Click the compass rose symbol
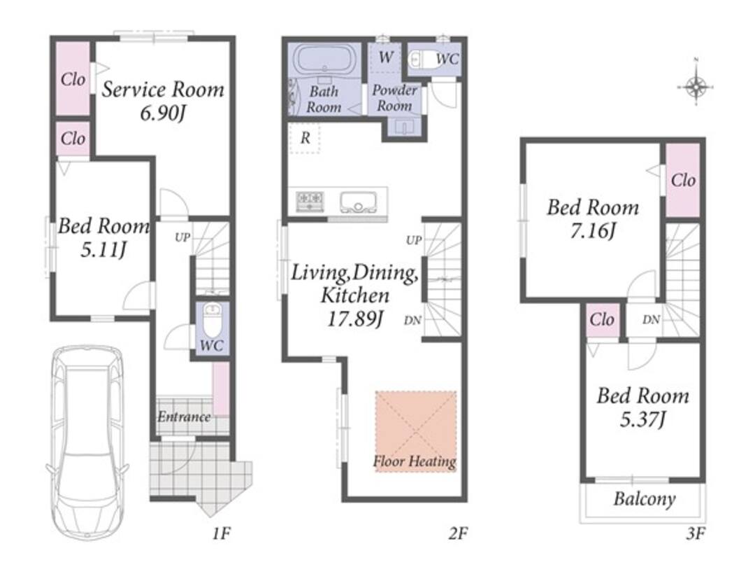click(x=696, y=87)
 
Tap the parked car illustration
click(x=87, y=442)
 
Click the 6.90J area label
click(x=163, y=113)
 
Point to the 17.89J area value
click(x=355, y=319)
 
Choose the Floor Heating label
click(x=415, y=461)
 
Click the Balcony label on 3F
click(x=645, y=499)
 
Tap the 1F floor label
click(x=222, y=533)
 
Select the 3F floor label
click(x=696, y=533)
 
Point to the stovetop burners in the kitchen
click(x=310, y=201)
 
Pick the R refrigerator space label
click(x=305, y=139)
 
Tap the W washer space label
click(x=386, y=57)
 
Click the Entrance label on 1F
click(x=184, y=416)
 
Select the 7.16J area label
click(x=593, y=231)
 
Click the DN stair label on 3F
click(x=651, y=320)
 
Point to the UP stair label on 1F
click(x=182, y=237)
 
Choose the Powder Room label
click(x=394, y=98)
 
